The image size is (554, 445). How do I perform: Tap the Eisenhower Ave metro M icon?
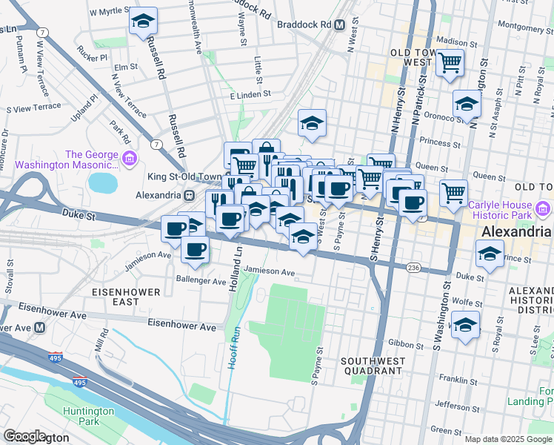pyautogui.click(x=39, y=326)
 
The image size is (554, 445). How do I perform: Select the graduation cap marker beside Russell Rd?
pyautogui.click(x=143, y=22)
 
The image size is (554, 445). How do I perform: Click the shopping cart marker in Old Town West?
pyautogui.click(x=450, y=64)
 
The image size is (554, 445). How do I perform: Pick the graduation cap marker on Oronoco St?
pyautogui.click(x=467, y=105)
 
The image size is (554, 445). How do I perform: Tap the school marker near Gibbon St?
pyautogui.click(x=465, y=326)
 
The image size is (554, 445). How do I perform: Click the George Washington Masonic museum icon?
pyautogui.click(x=130, y=157)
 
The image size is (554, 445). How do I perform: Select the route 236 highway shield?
pyautogui.click(x=413, y=266)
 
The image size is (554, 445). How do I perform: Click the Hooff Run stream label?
pyautogui.click(x=234, y=345)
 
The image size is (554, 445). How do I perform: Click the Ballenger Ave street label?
pyautogui.click(x=200, y=281)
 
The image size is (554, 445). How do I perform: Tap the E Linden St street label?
pyautogui.click(x=251, y=96)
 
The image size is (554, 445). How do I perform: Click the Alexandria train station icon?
pyautogui.click(x=190, y=195)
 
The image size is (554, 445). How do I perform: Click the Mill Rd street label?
pyautogui.click(x=101, y=341)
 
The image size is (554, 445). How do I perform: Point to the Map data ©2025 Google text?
pyautogui.click(x=507, y=439)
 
